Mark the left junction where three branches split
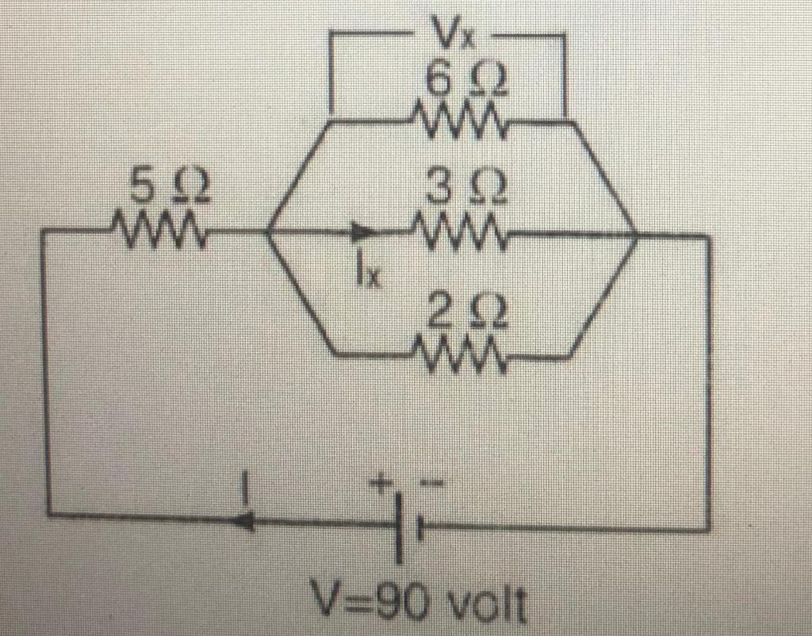[267, 233]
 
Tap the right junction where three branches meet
[637, 235]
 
